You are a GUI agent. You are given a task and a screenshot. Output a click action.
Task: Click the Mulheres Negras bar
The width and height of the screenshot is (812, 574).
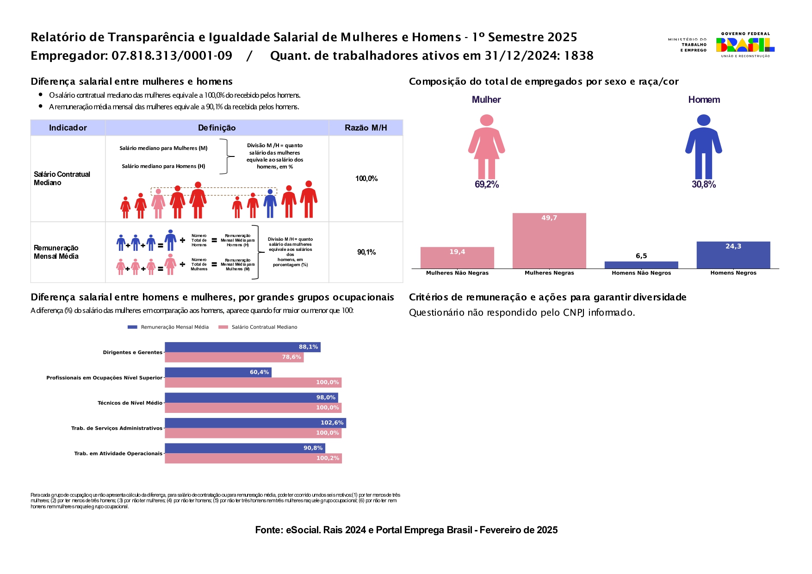(549, 241)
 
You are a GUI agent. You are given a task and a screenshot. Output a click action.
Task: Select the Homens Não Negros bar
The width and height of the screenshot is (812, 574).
(641, 265)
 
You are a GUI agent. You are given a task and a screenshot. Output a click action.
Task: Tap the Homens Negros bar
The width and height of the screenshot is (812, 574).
(733, 255)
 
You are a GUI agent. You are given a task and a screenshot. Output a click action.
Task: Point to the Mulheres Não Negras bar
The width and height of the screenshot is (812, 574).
(457, 258)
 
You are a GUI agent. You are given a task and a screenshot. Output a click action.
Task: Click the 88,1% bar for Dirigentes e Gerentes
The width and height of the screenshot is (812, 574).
(242, 347)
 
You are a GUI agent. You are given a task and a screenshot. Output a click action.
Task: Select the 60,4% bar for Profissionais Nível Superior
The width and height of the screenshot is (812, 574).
(218, 372)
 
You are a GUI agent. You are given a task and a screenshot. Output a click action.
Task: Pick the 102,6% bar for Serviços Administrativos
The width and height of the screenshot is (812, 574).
(255, 423)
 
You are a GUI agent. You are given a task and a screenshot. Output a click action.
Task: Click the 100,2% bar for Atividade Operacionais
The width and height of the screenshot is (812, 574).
(253, 458)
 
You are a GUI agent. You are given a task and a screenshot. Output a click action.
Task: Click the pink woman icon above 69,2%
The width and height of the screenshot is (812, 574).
(486, 147)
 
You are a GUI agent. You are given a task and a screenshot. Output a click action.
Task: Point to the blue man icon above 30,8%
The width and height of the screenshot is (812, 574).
(703, 147)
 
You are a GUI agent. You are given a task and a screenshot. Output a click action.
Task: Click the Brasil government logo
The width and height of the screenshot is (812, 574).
(745, 45)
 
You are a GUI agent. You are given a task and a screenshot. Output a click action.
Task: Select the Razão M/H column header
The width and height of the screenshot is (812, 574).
(366, 128)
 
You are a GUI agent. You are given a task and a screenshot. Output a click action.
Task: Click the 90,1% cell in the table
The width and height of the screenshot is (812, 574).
(366, 252)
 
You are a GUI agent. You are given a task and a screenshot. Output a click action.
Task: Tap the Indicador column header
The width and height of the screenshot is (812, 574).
(68, 128)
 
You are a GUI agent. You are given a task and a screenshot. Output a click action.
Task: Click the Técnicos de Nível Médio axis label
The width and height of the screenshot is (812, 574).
(130, 403)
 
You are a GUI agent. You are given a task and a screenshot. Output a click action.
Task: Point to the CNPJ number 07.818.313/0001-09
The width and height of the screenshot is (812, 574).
(172, 56)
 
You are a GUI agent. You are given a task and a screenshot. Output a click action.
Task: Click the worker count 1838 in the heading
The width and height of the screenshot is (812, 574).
(579, 56)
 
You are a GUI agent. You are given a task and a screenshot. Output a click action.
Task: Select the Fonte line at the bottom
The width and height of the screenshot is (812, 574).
(406, 530)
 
